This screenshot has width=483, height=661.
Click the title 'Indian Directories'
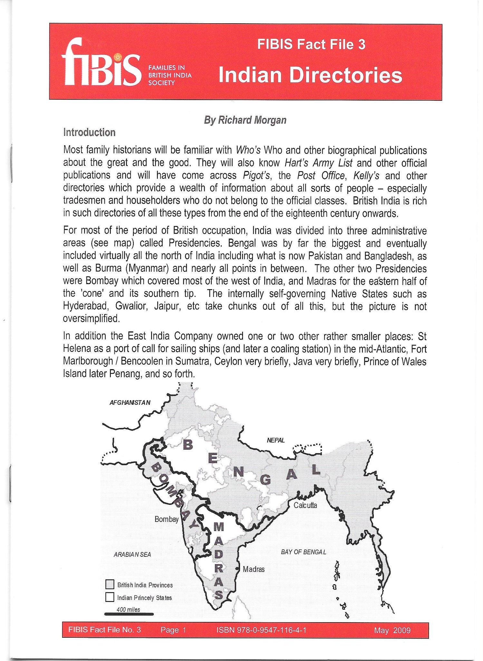[x=310, y=75]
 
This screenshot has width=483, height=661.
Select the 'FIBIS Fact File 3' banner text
[x=311, y=44]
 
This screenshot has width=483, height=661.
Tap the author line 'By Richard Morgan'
[x=245, y=120]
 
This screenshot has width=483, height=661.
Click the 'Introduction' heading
[x=89, y=132]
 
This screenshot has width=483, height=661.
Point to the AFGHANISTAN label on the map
[x=130, y=402]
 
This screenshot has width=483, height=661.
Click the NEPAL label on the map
[x=276, y=440]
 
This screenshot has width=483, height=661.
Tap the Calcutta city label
[x=305, y=505]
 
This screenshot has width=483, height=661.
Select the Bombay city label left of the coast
[x=166, y=519]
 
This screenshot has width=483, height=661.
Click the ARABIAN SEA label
[x=132, y=554]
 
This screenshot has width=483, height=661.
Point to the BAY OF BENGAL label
[x=303, y=552]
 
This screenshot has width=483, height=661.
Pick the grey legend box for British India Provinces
[x=110, y=585]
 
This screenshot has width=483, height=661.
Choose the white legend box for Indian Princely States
[x=110, y=597]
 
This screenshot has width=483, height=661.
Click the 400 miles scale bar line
[x=129, y=614]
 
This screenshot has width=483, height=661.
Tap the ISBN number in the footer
[x=261, y=630]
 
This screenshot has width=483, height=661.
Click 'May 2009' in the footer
[x=392, y=630]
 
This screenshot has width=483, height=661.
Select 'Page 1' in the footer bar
[x=173, y=630]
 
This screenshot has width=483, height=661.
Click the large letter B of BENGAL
[x=188, y=445]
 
